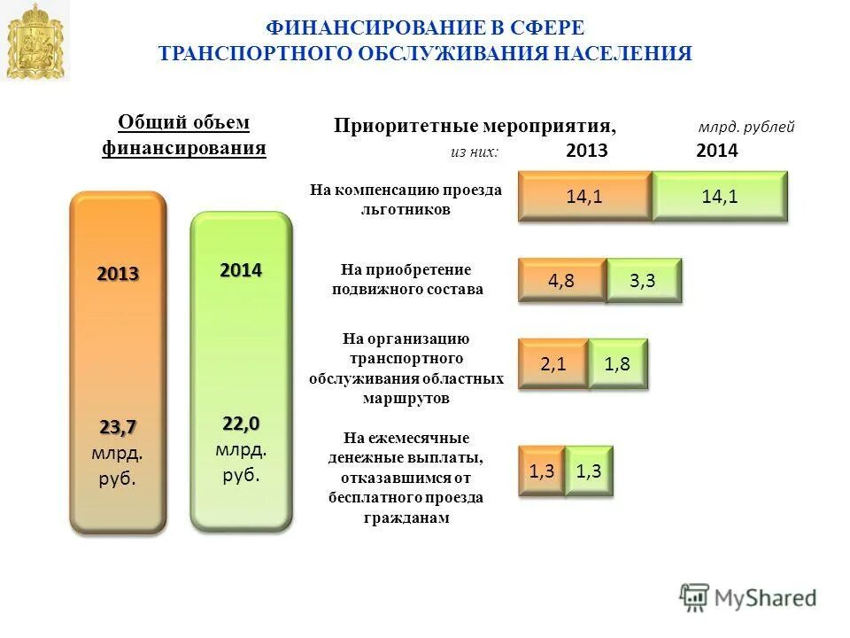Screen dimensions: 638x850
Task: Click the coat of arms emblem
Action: point(36,42)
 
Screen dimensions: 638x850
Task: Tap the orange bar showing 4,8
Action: point(561,282)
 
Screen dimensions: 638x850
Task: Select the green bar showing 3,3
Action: point(644,282)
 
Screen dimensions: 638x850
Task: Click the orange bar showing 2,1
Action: point(552,363)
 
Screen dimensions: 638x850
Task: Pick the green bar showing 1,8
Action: point(617,363)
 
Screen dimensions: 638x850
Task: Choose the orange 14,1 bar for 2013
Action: point(584,197)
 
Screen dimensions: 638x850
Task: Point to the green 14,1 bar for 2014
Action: point(720,197)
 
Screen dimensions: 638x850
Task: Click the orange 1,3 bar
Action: point(541,471)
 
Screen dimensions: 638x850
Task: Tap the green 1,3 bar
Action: point(588,471)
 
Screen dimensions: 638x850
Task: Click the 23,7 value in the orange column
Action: point(118,428)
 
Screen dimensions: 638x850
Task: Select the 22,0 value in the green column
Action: point(241,424)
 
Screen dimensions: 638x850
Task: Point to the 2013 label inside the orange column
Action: point(118,274)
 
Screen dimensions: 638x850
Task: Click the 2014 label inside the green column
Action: point(241,270)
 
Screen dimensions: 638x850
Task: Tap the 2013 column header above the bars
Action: point(586,152)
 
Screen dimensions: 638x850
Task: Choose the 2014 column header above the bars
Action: point(717,152)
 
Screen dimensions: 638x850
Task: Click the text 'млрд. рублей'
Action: point(746,128)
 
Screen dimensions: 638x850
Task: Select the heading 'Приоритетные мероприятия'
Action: point(475,126)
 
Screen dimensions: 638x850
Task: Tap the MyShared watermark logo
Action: point(748,597)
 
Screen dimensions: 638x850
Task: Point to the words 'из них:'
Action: point(475,152)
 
